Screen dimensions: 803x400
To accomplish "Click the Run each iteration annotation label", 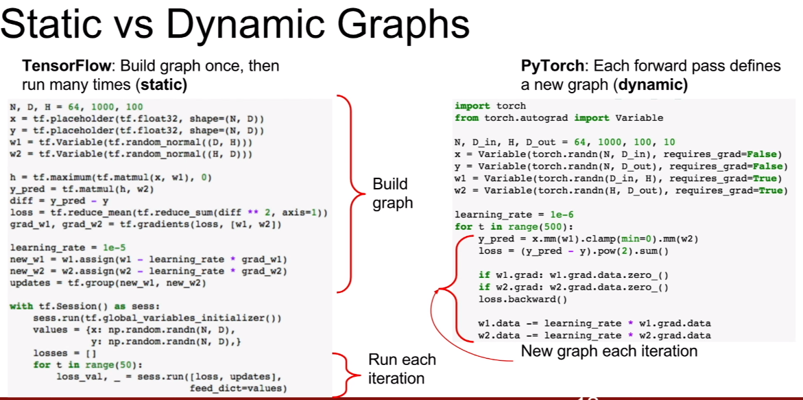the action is tap(401, 368).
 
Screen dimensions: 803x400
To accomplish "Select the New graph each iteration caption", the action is tap(609, 351).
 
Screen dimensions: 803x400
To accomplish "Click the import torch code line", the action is tap(490, 106).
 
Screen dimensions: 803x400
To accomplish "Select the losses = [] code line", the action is tap(60, 353).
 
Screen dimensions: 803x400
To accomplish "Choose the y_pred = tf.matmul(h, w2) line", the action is tap(82, 189).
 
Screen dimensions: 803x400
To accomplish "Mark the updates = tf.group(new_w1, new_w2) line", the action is tap(108, 283).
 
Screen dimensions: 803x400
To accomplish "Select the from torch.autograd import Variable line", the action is tap(558, 117).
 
